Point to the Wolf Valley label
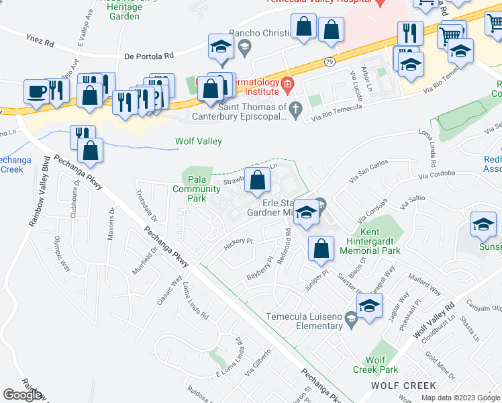[x=198, y=142]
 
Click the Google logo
[x=22, y=395]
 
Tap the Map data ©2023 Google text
[x=460, y=398]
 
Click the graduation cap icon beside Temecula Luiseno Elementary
[x=368, y=306]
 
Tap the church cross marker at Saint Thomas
[x=295, y=108]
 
